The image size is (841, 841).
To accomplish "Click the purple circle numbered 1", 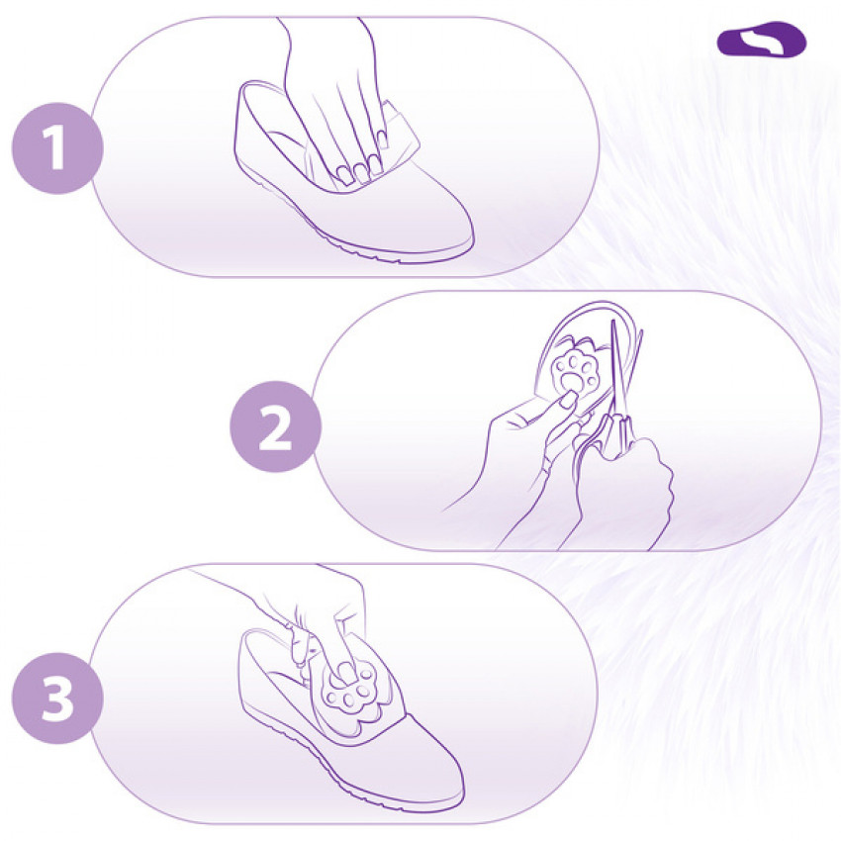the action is pyautogui.click(x=57, y=148).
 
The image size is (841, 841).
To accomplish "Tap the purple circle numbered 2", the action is pyautogui.click(x=276, y=426).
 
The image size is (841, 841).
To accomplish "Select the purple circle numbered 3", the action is pyautogui.click(x=57, y=699).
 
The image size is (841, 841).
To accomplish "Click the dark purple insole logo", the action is pyautogui.click(x=762, y=40).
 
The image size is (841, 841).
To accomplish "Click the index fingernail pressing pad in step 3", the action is pyautogui.click(x=347, y=670).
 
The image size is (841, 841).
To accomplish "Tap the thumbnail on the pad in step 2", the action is pyautogui.click(x=568, y=398).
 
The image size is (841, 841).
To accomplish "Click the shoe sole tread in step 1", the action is pyautogui.click(x=343, y=236).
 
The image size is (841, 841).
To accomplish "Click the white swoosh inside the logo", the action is pyautogui.click(x=762, y=41).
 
